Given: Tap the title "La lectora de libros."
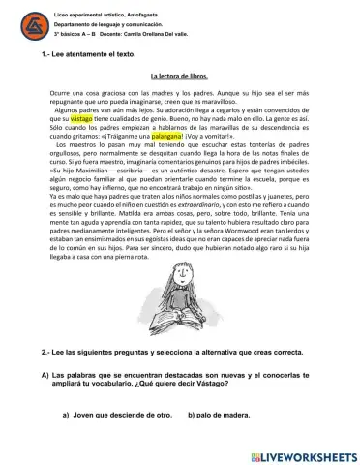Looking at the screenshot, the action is click(x=179, y=75).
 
